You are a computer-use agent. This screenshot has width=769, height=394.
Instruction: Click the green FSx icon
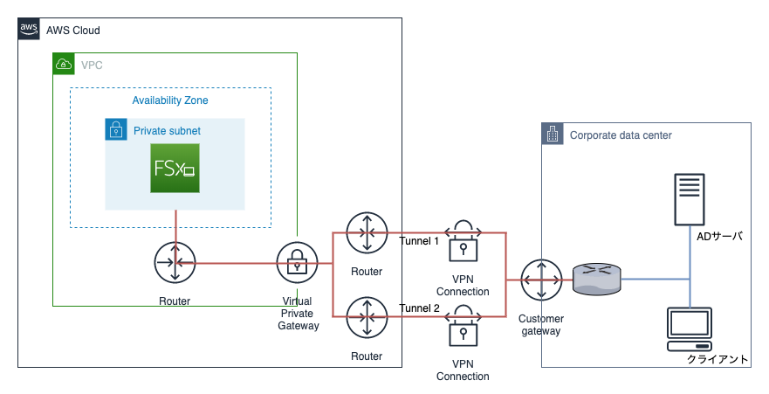(175, 167)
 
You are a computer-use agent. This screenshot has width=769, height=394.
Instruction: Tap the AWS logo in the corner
(29, 30)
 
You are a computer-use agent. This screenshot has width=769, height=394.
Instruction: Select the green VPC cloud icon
(64, 64)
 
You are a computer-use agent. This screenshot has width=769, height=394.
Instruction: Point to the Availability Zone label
(170, 100)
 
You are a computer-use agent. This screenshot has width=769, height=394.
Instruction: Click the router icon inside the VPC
(176, 262)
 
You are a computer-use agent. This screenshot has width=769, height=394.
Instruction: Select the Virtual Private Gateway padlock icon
(298, 262)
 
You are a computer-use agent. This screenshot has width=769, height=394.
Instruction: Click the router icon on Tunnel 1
(367, 233)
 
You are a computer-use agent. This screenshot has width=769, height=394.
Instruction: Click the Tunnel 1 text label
(419, 241)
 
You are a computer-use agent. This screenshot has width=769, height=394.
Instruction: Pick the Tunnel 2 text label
(419, 308)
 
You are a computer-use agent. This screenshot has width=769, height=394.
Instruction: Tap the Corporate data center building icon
(553, 135)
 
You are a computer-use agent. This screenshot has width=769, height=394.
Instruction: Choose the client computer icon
(690, 328)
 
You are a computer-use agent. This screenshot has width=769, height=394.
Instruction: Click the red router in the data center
(597, 280)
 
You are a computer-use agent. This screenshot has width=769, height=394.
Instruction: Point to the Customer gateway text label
(541, 324)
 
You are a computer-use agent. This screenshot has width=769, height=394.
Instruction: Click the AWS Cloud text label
(73, 31)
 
